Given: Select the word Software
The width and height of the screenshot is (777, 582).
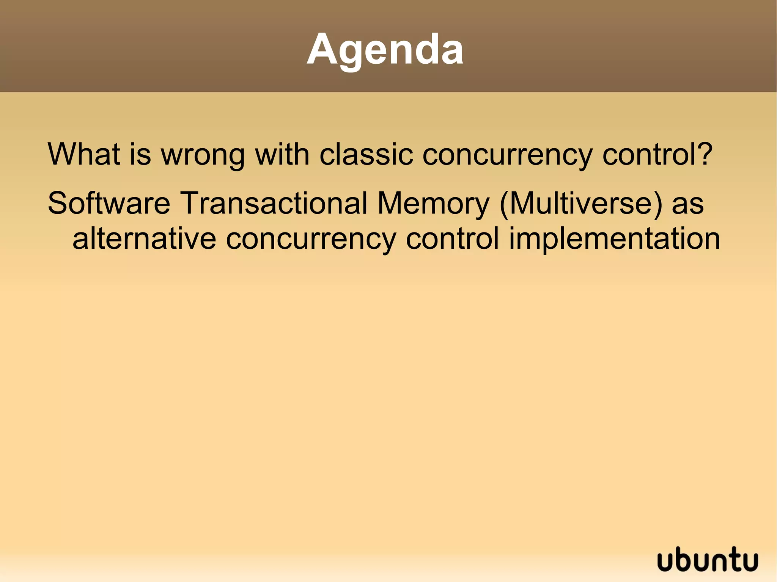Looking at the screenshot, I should tap(109, 203).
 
